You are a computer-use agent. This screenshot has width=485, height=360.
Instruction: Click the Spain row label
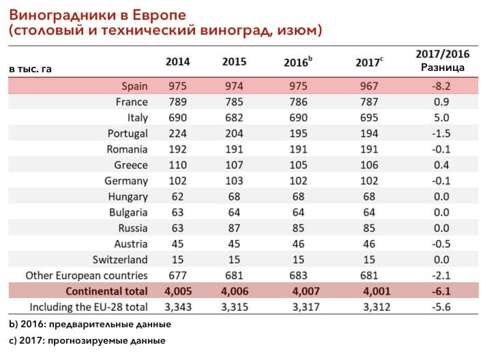pyautogui.click(x=134, y=86)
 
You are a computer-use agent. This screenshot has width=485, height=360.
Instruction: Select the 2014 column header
pyautogui.click(x=177, y=61)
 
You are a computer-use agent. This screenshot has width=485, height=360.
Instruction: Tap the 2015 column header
pyautogui.click(x=234, y=61)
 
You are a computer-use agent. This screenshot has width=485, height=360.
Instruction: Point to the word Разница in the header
pyautogui.click(x=443, y=67)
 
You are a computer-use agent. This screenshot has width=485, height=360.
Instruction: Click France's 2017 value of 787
pyautogui.click(x=369, y=102)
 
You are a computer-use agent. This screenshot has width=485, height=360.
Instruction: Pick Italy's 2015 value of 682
pyautogui.click(x=234, y=117)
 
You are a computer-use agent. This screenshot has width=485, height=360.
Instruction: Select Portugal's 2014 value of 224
pyautogui.click(x=177, y=134)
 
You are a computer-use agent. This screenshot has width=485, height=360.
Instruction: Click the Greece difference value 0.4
pyautogui.click(x=441, y=165)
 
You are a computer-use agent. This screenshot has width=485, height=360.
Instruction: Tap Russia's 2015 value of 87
pyautogui.click(x=234, y=228)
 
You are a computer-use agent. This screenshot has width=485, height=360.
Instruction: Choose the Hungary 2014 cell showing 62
pyautogui.click(x=177, y=196)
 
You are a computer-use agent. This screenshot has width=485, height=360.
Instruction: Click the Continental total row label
pyautogui.click(x=106, y=291)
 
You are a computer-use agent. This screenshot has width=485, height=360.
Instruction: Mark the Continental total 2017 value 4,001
pyautogui.click(x=377, y=291)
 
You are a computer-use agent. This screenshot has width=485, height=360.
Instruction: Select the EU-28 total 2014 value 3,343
pyautogui.click(x=178, y=307)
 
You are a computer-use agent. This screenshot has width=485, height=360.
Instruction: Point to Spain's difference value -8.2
pyautogui.click(x=441, y=86)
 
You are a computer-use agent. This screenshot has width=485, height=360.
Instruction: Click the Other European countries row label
pyautogui.click(x=87, y=275)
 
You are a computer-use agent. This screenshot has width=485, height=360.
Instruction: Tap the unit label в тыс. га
pyautogui.click(x=30, y=69)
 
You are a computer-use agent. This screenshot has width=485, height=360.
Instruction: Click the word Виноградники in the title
pyautogui.click(x=66, y=15)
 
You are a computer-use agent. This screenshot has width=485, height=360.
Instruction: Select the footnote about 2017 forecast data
pyautogui.click(x=87, y=340)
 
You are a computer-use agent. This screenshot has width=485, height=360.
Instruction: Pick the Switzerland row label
pyautogui.click(x=120, y=260)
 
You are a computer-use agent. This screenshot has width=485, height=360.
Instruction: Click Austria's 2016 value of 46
pyautogui.click(x=298, y=243)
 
